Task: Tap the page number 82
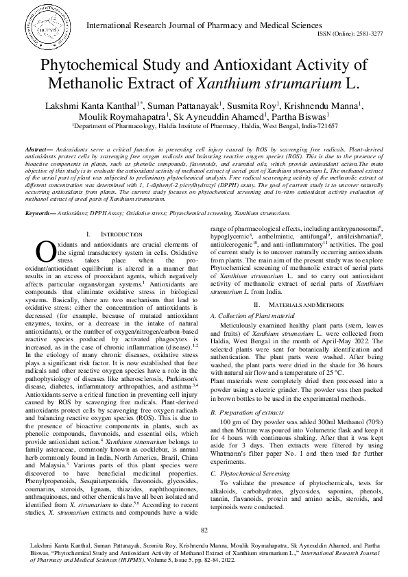pos(204,530)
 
